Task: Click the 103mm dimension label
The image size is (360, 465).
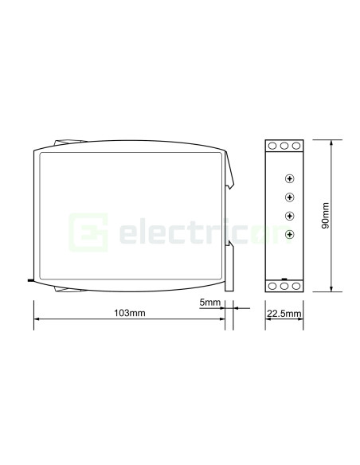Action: [x=131, y=313]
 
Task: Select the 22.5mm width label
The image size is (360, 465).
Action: [x=284, y=314]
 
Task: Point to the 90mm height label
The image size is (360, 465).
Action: [x=325, y=216]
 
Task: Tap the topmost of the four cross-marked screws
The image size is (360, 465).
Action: [x=289, y=178]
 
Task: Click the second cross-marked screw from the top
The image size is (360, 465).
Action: [x=289, y=197]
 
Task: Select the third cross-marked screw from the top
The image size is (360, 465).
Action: [x=289, y=216]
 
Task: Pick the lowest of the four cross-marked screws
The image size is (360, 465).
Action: [x=289, y=234]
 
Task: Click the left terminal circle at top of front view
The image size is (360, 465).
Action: [x=273, y=147]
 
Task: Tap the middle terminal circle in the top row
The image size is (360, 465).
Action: [x=284, y=147]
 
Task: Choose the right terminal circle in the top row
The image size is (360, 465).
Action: [x=295, y=147]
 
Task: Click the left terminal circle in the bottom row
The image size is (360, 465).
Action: [x=273, y=285]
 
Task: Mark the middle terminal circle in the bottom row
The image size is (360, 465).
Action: [x=284, y=285]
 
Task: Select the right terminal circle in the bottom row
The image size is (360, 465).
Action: [x=295, y=285]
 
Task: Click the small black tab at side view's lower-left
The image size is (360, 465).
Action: [x=30, y=280]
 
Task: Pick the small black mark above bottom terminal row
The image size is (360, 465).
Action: [x=284, y=277]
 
